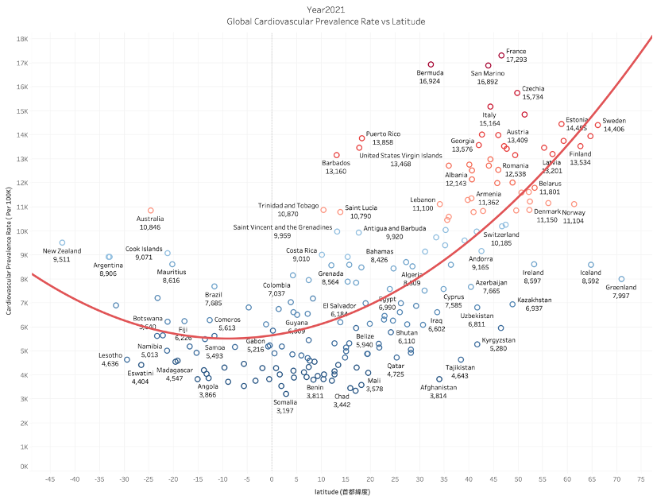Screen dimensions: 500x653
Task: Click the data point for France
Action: (x=501, y=56)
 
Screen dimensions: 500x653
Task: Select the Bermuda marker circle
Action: (x=431, y=64)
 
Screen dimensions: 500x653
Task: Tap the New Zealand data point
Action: (x=62, y=243)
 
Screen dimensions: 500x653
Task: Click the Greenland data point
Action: (x=621, y=279)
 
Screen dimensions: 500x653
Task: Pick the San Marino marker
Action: (x=489, y=65)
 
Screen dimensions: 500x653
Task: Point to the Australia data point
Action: (x=151, y=211)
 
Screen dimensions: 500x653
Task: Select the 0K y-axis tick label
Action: (x=24, y=467)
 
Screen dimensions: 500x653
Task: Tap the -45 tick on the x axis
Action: (x=50, y=479)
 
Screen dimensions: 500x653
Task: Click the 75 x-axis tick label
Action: (x=640, y=479)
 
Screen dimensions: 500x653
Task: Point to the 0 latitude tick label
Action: (x=272, y=479)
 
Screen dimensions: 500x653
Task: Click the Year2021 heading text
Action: (x=326, y=9)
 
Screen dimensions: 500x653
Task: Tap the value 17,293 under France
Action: (x=516, y=60)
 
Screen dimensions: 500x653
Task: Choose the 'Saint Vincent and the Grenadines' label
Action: (x=282, y=227)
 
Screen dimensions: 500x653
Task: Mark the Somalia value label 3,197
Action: (x=285, y=410)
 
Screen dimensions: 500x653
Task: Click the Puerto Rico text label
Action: (x=383, y=134)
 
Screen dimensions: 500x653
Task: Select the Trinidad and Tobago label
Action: (x=288, y=205)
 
